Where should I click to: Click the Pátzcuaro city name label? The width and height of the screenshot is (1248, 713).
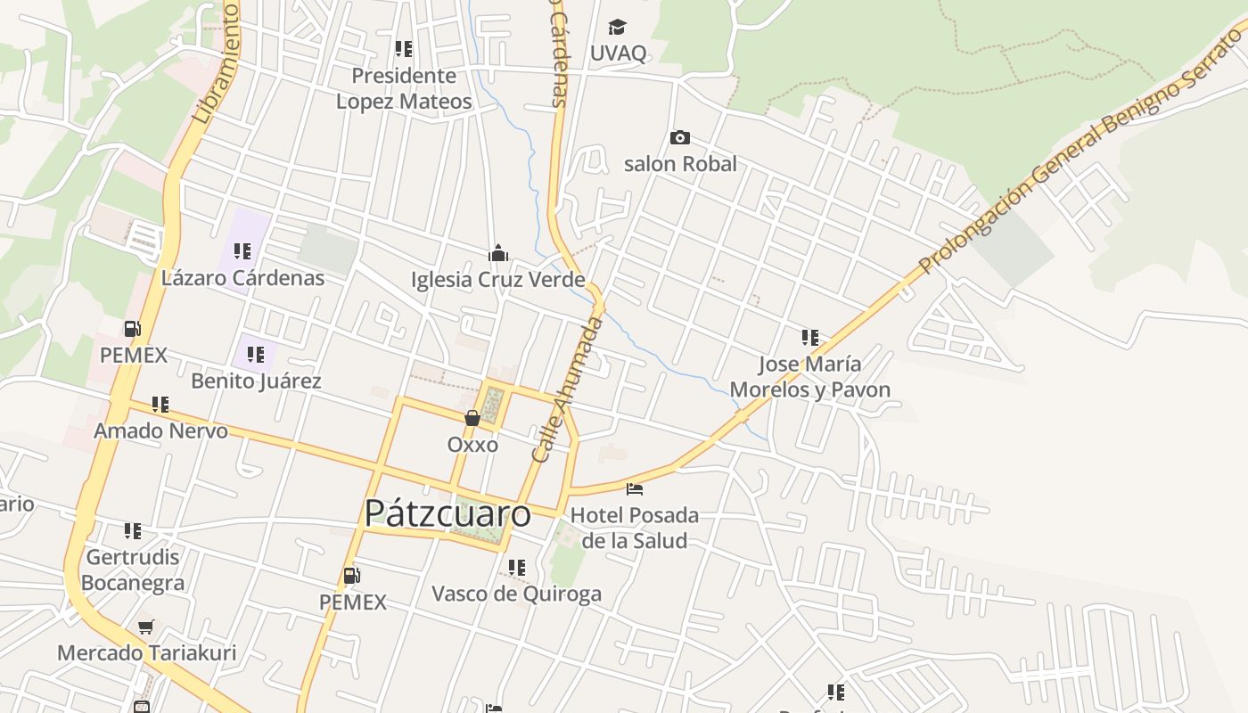pyautogui.click(x=447, y=514)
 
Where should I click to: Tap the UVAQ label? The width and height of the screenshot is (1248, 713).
pyautogui.click(x=618, y=53)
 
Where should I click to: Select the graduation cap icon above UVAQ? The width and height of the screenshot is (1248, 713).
pyautogui.click(x=618, y=27)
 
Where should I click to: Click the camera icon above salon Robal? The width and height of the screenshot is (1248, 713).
pyautogui.click(x=680, y=137)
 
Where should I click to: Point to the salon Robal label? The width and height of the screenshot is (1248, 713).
pyautogui.click(x=680, y=164)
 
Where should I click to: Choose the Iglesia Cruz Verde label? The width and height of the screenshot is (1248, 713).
pyautogui.click(x=497, y=280)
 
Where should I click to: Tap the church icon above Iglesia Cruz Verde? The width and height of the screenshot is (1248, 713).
pyautogui.click(x=498, y=254)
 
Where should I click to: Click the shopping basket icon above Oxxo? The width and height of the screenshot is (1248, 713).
pyautogui.click(x=472, y=417)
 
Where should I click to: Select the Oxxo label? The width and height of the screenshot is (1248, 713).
pyautogui.click(x=472, y=444)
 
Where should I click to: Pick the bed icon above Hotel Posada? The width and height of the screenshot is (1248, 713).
pyautogui.click(x=635, y=488)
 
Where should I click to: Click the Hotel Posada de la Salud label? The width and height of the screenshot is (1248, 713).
pyautogui.click(x=635, y=528)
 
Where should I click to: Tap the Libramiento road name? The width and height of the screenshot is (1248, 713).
pyautogui.click(x=215, y=62)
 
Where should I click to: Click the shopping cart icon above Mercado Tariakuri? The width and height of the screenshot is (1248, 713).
pyautogui.click(x=146, y=627)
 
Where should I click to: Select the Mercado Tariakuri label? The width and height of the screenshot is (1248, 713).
pyautogui.click(x=147, y=652)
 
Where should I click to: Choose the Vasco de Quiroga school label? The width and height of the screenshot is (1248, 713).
pyautogui.click(x=516, y=594)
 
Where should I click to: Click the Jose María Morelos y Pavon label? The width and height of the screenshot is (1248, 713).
pyautogui.click(x=809, y=377)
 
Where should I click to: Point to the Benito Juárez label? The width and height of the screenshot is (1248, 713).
pyautogui.click(x=256, y=381)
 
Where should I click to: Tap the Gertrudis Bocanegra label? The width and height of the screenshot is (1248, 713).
pyautogui.click(x=133, y=570)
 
